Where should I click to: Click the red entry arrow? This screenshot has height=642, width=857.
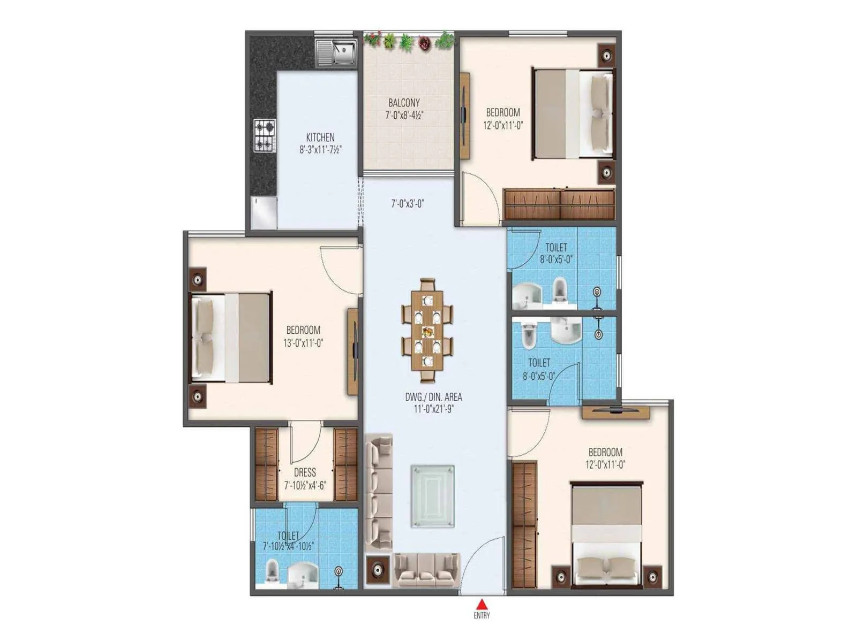pyautogui.click(x=482, y=605)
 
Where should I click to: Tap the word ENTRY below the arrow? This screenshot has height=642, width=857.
pyautogui.click(x=482, y=616)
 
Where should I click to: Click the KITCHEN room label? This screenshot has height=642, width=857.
pyautogui.click(x=320, y=137)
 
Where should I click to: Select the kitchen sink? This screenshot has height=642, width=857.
pyautogui.click(x=336, y=52)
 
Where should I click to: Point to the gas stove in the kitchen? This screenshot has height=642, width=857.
pyautogui.click(x=265, y=135)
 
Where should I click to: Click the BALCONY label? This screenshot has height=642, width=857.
pyautogui.click(x=404, y=103)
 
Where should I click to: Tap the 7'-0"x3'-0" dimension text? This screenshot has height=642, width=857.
pyautogui.click(x=407, y=204)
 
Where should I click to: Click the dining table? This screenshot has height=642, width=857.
pyautogui.click(x=427, y=331)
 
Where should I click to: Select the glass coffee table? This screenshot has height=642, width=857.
pyautogui.click(x=432, y=496)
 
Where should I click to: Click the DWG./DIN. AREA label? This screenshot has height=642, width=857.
pyautogui.click(x=433, y=398)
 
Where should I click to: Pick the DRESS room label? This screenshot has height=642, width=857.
pyautogui.click(x=305, y=473)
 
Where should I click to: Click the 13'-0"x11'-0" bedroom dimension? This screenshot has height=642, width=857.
pyautogui.click(x=303, y=343)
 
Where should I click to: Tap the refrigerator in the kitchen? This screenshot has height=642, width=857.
pyautogui.click(x=264, y=212)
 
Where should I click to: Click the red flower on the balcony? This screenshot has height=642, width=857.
pyautogui.click(x=425, y=42)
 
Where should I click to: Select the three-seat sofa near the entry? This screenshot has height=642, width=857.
pyautogui.click(x=426, y=571)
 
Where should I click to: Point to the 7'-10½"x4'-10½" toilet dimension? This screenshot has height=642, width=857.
pyautogui.click(x=288, y=546)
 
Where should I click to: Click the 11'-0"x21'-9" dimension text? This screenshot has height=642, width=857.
pyautogui.click(x=433, y=409)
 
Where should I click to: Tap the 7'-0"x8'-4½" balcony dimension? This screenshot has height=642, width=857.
pyautogui.click(x=404, y=115)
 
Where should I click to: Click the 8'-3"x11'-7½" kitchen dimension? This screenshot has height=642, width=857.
pyautogui.click(x=320, y=150)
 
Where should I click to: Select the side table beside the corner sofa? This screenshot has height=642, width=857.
pyautogui.click(x=378, y=571)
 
